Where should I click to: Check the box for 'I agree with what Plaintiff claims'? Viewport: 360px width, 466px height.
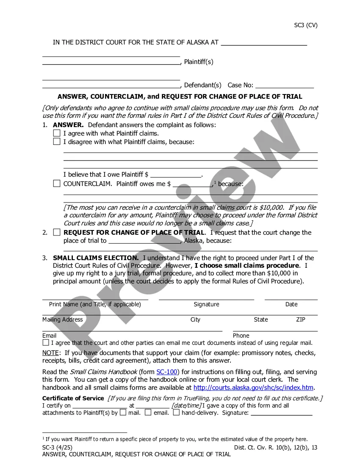57,133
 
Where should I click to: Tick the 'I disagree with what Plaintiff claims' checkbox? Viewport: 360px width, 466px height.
57,141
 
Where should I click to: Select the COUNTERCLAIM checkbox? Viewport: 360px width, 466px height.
57,183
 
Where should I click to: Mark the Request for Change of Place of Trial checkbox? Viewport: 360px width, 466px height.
57,232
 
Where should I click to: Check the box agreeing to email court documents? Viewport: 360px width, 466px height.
46,342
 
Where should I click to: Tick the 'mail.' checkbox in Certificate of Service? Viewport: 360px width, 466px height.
123,412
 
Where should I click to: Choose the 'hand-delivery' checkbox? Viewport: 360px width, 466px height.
176,412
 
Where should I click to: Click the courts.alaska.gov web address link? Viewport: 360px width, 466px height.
253,387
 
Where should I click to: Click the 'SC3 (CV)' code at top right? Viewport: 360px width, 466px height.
306,25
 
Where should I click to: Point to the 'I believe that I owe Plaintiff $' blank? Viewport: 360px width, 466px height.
176,175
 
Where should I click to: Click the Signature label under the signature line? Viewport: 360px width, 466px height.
206,304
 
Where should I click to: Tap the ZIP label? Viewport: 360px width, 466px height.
301,319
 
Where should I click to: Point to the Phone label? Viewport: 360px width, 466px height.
241,336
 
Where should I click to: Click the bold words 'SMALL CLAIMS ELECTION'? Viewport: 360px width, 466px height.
96,258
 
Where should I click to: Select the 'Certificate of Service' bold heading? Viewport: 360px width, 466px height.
73,398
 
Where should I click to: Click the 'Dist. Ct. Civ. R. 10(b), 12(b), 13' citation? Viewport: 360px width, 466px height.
276,447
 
